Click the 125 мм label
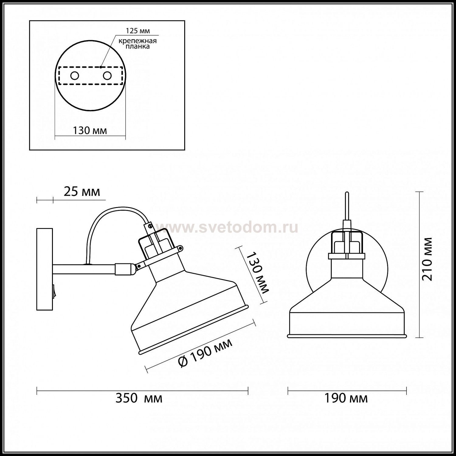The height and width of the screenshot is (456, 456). point(138,31)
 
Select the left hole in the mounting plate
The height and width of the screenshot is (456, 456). point(74,76)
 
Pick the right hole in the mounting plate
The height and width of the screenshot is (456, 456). point(107,76)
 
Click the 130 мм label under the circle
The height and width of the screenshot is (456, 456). point(90,130)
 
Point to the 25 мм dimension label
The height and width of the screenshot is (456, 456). point(81,192)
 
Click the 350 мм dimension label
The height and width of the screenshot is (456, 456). point(139,398)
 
